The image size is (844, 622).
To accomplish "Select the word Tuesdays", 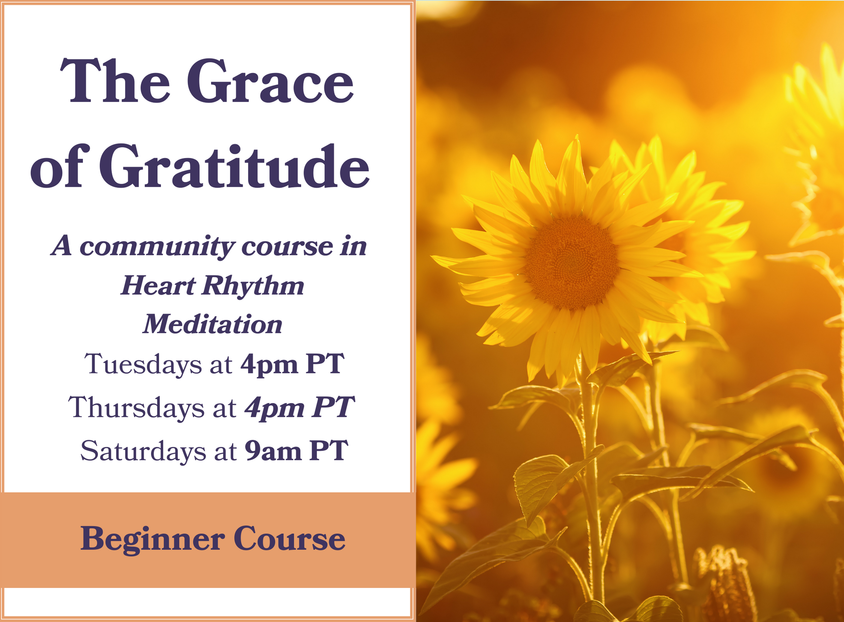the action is [143, 364].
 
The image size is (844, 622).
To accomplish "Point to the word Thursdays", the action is [136, 408].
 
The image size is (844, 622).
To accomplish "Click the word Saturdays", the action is [144, 451].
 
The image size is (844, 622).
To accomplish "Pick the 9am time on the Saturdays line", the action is [273, 451].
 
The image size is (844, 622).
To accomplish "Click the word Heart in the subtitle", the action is [158, 285].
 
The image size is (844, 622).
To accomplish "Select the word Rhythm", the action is [253, 286].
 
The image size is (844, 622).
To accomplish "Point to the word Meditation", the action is [212, 324].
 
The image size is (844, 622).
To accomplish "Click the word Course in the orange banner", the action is [289, 539].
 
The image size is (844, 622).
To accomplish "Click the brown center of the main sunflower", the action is [571, 262].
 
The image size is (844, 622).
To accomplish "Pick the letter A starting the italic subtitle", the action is [62, 246].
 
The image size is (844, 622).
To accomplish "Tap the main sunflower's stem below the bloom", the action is [591, 471].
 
